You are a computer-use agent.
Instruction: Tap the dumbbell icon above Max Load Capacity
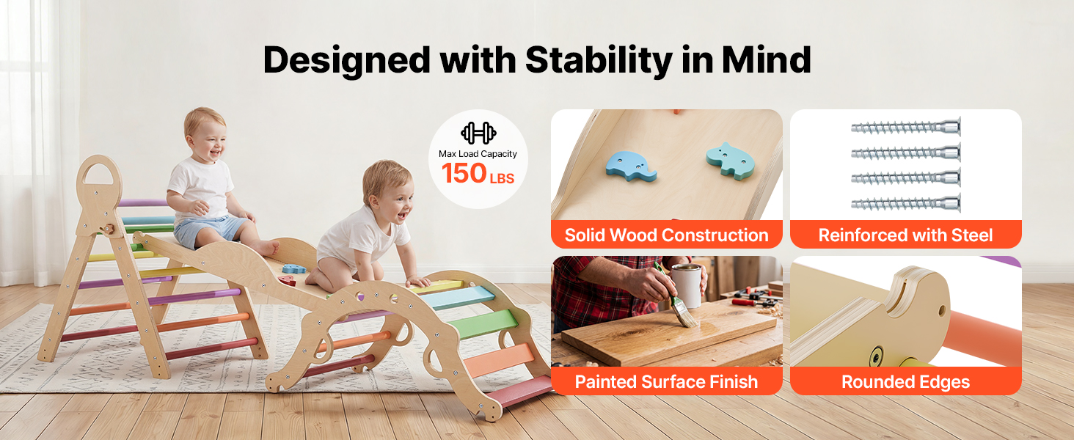pos(478,133)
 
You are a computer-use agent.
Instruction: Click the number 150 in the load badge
pos(464,173)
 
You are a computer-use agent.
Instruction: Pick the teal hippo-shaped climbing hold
pos(730,161)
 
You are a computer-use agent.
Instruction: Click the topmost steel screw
pos(906,127)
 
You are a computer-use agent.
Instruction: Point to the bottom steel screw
pos(906,204)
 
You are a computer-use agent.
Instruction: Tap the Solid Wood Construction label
pos(666,235)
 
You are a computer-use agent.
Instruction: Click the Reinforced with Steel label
pos(905,235)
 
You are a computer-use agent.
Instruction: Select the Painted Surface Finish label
pos(666,382)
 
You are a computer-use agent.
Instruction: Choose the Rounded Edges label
pos(905,382)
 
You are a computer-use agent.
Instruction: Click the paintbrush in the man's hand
pos(676,297)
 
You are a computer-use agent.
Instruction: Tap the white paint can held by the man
pos(687,286)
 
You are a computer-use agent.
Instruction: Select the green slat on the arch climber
pos(483,323)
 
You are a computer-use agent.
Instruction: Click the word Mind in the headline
pos(766,60)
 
